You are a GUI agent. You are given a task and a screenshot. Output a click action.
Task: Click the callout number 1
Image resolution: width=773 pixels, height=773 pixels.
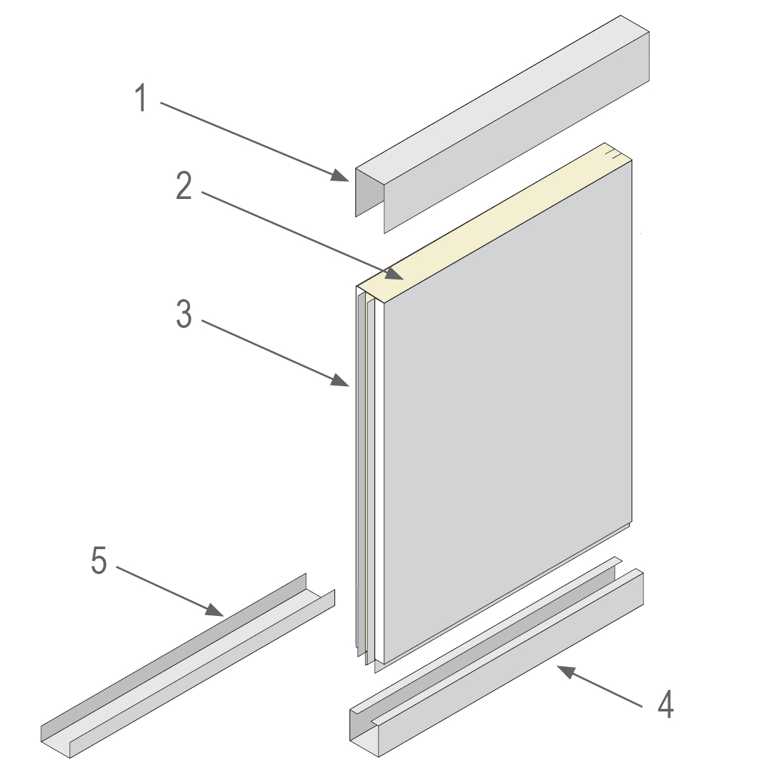141,98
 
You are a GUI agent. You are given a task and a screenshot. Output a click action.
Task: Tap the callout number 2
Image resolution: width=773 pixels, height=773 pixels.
184,186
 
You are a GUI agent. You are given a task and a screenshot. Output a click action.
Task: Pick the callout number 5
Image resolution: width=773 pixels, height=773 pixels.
99,560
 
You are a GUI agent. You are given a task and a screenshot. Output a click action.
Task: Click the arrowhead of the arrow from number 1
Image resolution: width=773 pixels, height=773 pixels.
340,175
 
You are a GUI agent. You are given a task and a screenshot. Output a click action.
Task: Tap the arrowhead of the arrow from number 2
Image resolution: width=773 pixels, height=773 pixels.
395,274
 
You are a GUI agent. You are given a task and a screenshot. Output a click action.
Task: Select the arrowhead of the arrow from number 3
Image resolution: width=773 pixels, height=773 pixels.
340,380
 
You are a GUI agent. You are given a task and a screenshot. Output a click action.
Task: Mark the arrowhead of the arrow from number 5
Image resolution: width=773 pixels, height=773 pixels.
215,610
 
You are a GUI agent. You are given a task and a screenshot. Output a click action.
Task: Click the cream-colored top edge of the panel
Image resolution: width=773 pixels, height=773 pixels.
494,223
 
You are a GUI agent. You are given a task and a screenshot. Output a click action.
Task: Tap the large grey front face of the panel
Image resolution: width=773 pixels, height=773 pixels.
508,412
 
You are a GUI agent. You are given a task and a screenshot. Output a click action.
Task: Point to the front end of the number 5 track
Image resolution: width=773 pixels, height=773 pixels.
55,742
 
